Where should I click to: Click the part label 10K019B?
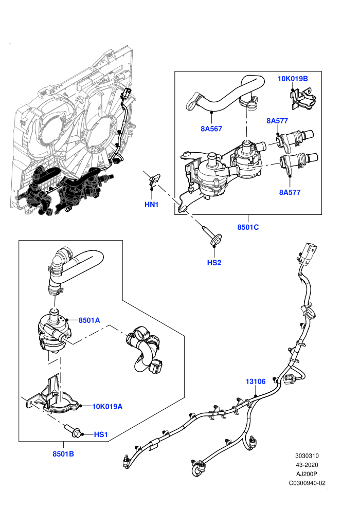[293, 79]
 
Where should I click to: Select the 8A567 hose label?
[211, 129]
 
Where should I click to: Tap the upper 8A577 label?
[277, 121]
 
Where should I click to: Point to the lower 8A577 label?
[290, 192]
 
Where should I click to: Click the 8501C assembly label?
[248, 227]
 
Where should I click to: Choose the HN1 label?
[151, 205]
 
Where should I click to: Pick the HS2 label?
[214, 263]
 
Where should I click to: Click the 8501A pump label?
[89, 320]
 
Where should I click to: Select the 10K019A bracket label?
[107, 406]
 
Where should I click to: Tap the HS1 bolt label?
[101, 434]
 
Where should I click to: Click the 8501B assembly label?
[63, 454]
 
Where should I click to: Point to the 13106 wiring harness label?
[256, 381]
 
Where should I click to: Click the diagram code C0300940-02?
[307, 483]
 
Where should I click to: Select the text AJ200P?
[307, 474]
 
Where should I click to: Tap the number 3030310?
[307, 456]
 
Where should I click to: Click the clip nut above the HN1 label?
[154, 179]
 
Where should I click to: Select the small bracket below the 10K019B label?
[302, 98]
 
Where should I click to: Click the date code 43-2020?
[307, 465]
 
